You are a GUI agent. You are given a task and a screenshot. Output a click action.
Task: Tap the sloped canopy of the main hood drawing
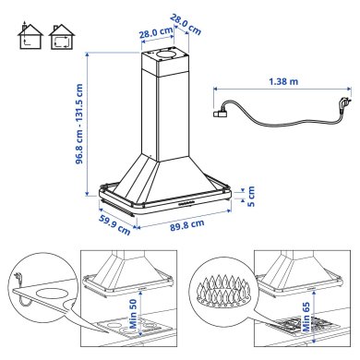coord(166,175)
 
